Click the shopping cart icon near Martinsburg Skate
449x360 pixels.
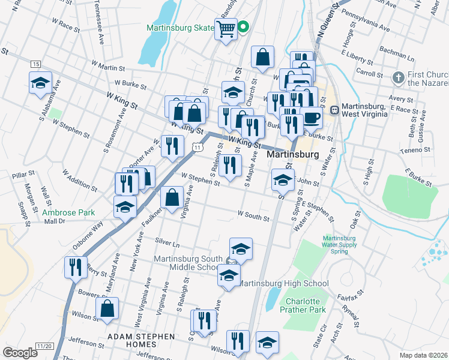point(226,28)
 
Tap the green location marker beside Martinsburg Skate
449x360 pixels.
point(244,26)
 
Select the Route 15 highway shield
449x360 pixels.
point(35,64)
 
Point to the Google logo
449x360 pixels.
point(20,353)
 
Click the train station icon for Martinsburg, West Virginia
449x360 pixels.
point(334,110)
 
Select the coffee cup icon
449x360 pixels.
point(311,116)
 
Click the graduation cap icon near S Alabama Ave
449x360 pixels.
point(40,83)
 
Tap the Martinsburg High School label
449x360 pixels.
point(283,284)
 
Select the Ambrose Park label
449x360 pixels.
point(60,212)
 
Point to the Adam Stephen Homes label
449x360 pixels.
point(140,337)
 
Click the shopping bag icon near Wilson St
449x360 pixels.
point(107,309)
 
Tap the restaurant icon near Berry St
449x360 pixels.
point(75,267)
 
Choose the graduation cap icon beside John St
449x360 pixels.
point(283,179)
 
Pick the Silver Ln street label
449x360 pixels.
point(167,244)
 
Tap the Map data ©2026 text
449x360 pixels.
point(423,355)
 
